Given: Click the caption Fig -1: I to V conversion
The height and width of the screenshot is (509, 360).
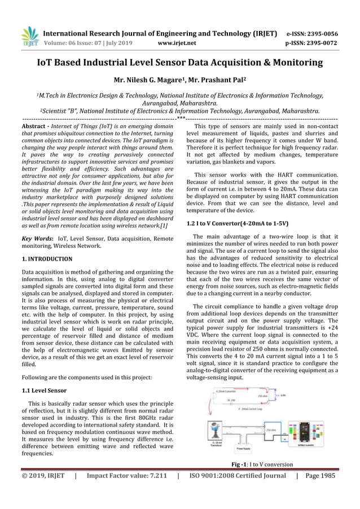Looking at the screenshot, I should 261,464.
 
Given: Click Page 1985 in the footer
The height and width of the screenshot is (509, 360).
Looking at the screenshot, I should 320,476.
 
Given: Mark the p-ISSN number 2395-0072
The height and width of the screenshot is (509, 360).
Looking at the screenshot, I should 326,42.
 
